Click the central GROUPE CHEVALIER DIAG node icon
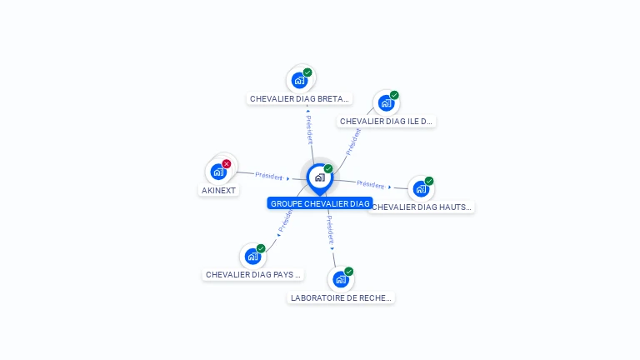point(319,177)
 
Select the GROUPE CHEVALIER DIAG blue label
point(320,203)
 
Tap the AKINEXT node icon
point(218,172)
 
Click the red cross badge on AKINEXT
point(227,163)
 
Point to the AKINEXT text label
point(219,190)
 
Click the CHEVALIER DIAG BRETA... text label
point(299,98)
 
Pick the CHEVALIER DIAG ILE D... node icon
point(386,103)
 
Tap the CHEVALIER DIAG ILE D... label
point(387,121)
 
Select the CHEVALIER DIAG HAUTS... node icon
point(421,189)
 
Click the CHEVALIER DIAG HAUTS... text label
point(422,207)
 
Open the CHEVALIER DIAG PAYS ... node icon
point(252,257)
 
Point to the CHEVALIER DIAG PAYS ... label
point(253,274)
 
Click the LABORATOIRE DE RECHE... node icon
point(340,279)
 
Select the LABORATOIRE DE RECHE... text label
point(341,297)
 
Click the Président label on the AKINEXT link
point(269,176)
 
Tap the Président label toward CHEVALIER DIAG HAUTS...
point(371,184)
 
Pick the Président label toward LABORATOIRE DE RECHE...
point(330,228)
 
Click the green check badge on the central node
point(328,169)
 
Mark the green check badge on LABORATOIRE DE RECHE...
point(349,271)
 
